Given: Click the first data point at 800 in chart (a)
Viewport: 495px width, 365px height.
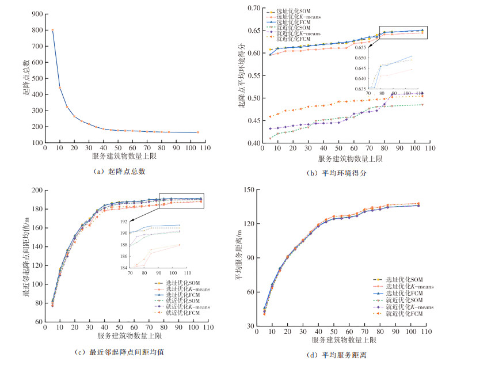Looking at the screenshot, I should (x=52, y=30).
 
